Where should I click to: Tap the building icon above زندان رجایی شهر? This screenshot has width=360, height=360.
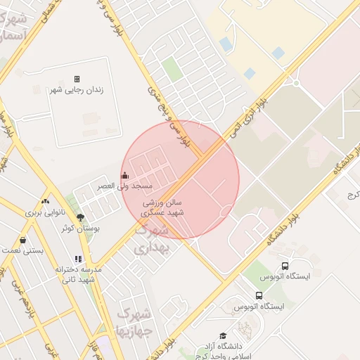point(77,79)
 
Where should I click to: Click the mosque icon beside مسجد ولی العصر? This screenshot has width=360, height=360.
point(125,175)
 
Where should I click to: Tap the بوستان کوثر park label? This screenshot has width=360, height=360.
point(81,229)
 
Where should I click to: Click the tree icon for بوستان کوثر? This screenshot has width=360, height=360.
point(80,217)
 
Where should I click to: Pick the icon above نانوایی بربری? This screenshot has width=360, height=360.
point(46,201)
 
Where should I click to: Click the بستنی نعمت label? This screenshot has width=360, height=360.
point(22,250)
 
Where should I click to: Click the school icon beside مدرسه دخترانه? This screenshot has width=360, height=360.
point(78,259)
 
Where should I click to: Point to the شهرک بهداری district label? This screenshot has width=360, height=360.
point(151,239)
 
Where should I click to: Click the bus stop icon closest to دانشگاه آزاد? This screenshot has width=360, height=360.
point(259,296)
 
